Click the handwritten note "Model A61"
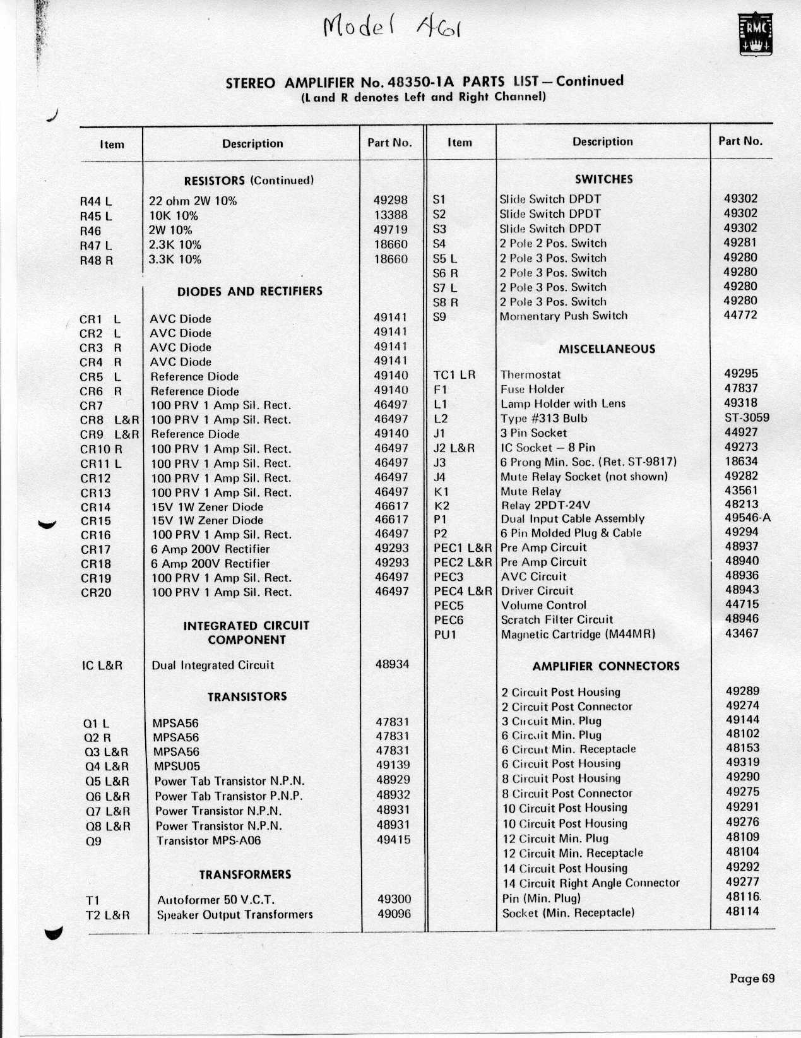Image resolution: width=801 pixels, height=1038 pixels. coord(391,27)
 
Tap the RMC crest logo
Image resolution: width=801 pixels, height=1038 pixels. coord(756,35)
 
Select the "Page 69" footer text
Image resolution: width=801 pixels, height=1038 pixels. coord(751,979)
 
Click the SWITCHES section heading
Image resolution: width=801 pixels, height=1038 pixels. coord(603,179)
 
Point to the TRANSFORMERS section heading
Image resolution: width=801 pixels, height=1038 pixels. coord(245,874)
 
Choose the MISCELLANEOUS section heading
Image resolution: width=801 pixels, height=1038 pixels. coord(607,349)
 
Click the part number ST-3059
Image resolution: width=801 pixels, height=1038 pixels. coord(747,417)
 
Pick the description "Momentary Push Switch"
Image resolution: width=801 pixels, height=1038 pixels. coord(563,316)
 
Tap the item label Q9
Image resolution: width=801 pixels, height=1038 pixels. coord(93,841)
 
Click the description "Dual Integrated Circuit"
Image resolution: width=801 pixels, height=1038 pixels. coord(213,665)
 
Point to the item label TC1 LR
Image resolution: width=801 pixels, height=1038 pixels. coord(454,374)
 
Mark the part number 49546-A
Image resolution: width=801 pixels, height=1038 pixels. coord(748,518)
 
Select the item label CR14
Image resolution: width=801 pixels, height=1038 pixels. coord(95,507)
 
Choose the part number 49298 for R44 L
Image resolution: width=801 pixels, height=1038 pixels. coord(391,200)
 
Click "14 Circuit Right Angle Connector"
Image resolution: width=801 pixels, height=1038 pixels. coord(591,883)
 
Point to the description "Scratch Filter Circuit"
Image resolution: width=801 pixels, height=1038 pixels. coord(557,619)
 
